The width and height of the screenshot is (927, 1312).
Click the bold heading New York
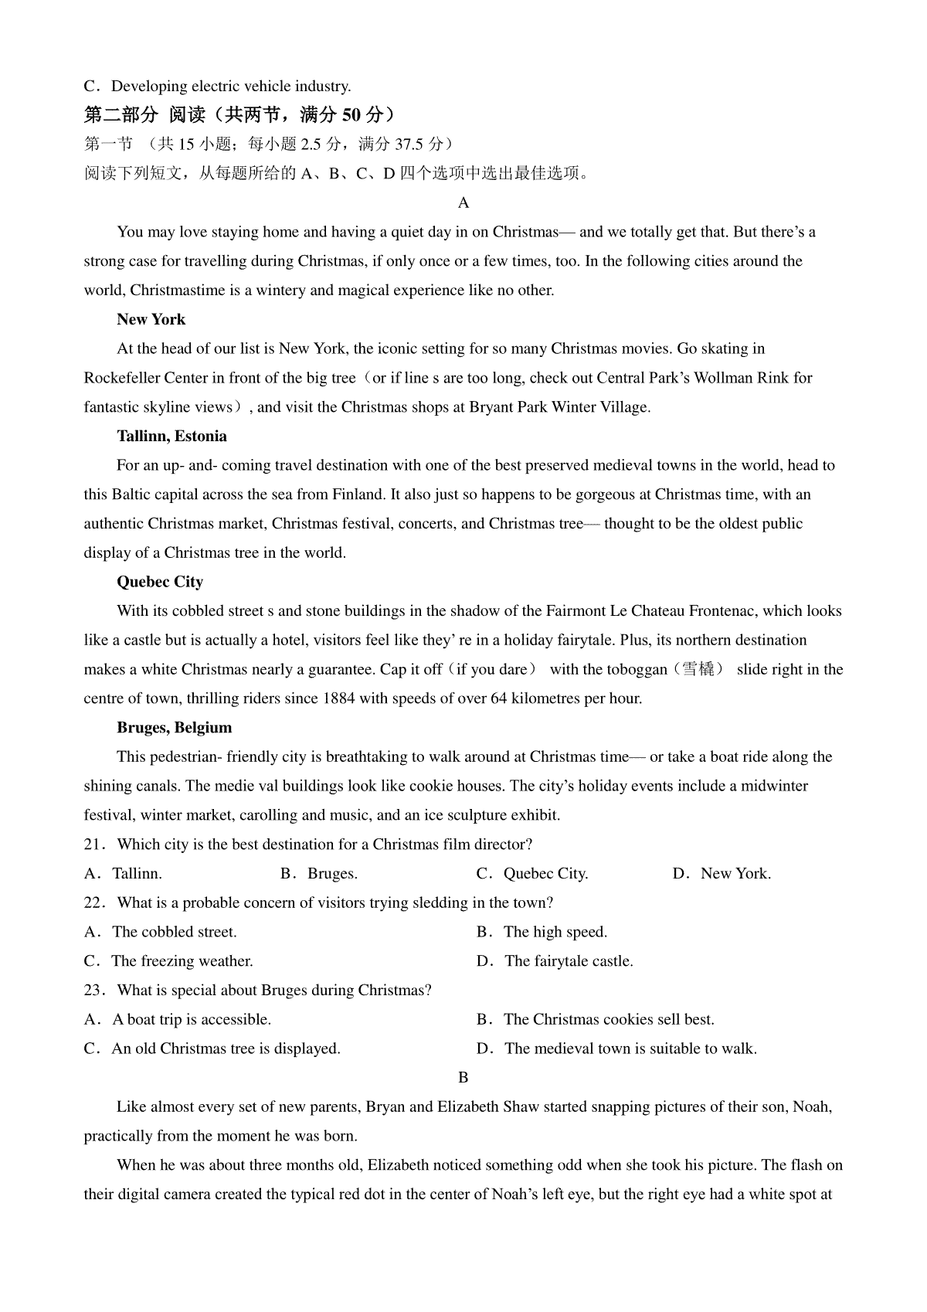pyautogui.click(x=151, y=320)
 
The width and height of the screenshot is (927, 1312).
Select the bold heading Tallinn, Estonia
pyautogui.click(x=171, y=437)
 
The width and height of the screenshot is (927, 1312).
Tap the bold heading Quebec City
pyautogui.click(x=159, y=582)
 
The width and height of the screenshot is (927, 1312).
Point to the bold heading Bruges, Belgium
pyautogui.click(x=174, y=728)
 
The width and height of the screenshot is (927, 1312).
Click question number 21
pyautogui.click(x=93, y=845)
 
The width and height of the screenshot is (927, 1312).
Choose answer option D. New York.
pyautogui.click(x=722, y=874)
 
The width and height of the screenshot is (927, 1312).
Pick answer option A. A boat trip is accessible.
pyautogui.click(x=178, y=1020)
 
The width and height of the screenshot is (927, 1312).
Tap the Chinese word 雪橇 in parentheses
pyautogui.click(x=698, y=670)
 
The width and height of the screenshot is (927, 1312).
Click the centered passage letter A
pyautogui.click(x=463, y=203)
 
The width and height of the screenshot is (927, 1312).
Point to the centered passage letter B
pyautogui.click(x=463, y=1078)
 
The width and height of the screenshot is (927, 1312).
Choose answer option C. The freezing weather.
pyautogui.click(x=168, y=962)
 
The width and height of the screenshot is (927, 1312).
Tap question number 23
pyautogui.click(x=93, y=991)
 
